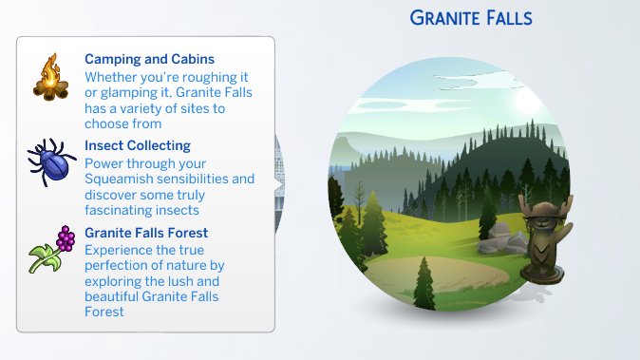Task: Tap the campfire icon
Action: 49,78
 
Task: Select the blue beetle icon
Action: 48,162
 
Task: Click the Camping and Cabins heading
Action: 149,60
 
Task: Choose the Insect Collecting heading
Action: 138,146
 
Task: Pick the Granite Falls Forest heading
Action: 146,233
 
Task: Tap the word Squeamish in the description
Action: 119,179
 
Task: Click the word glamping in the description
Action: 113,93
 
